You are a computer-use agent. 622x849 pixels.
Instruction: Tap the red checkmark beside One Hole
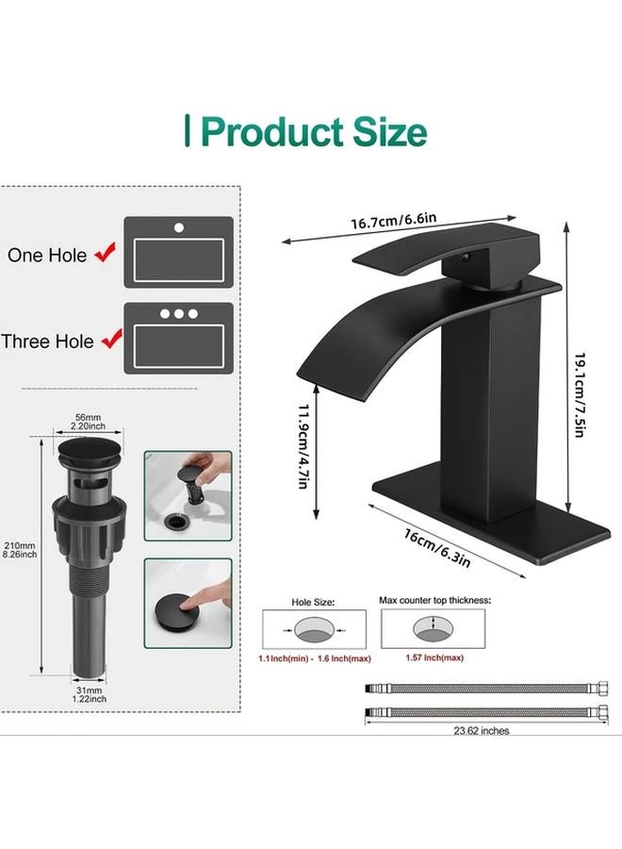tap(106, 253)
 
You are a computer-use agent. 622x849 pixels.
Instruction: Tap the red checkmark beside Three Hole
tap(110, 339)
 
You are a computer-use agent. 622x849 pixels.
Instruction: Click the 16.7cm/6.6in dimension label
tap(394, 222)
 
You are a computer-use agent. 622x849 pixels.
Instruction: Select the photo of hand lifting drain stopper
tap(188, 493)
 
